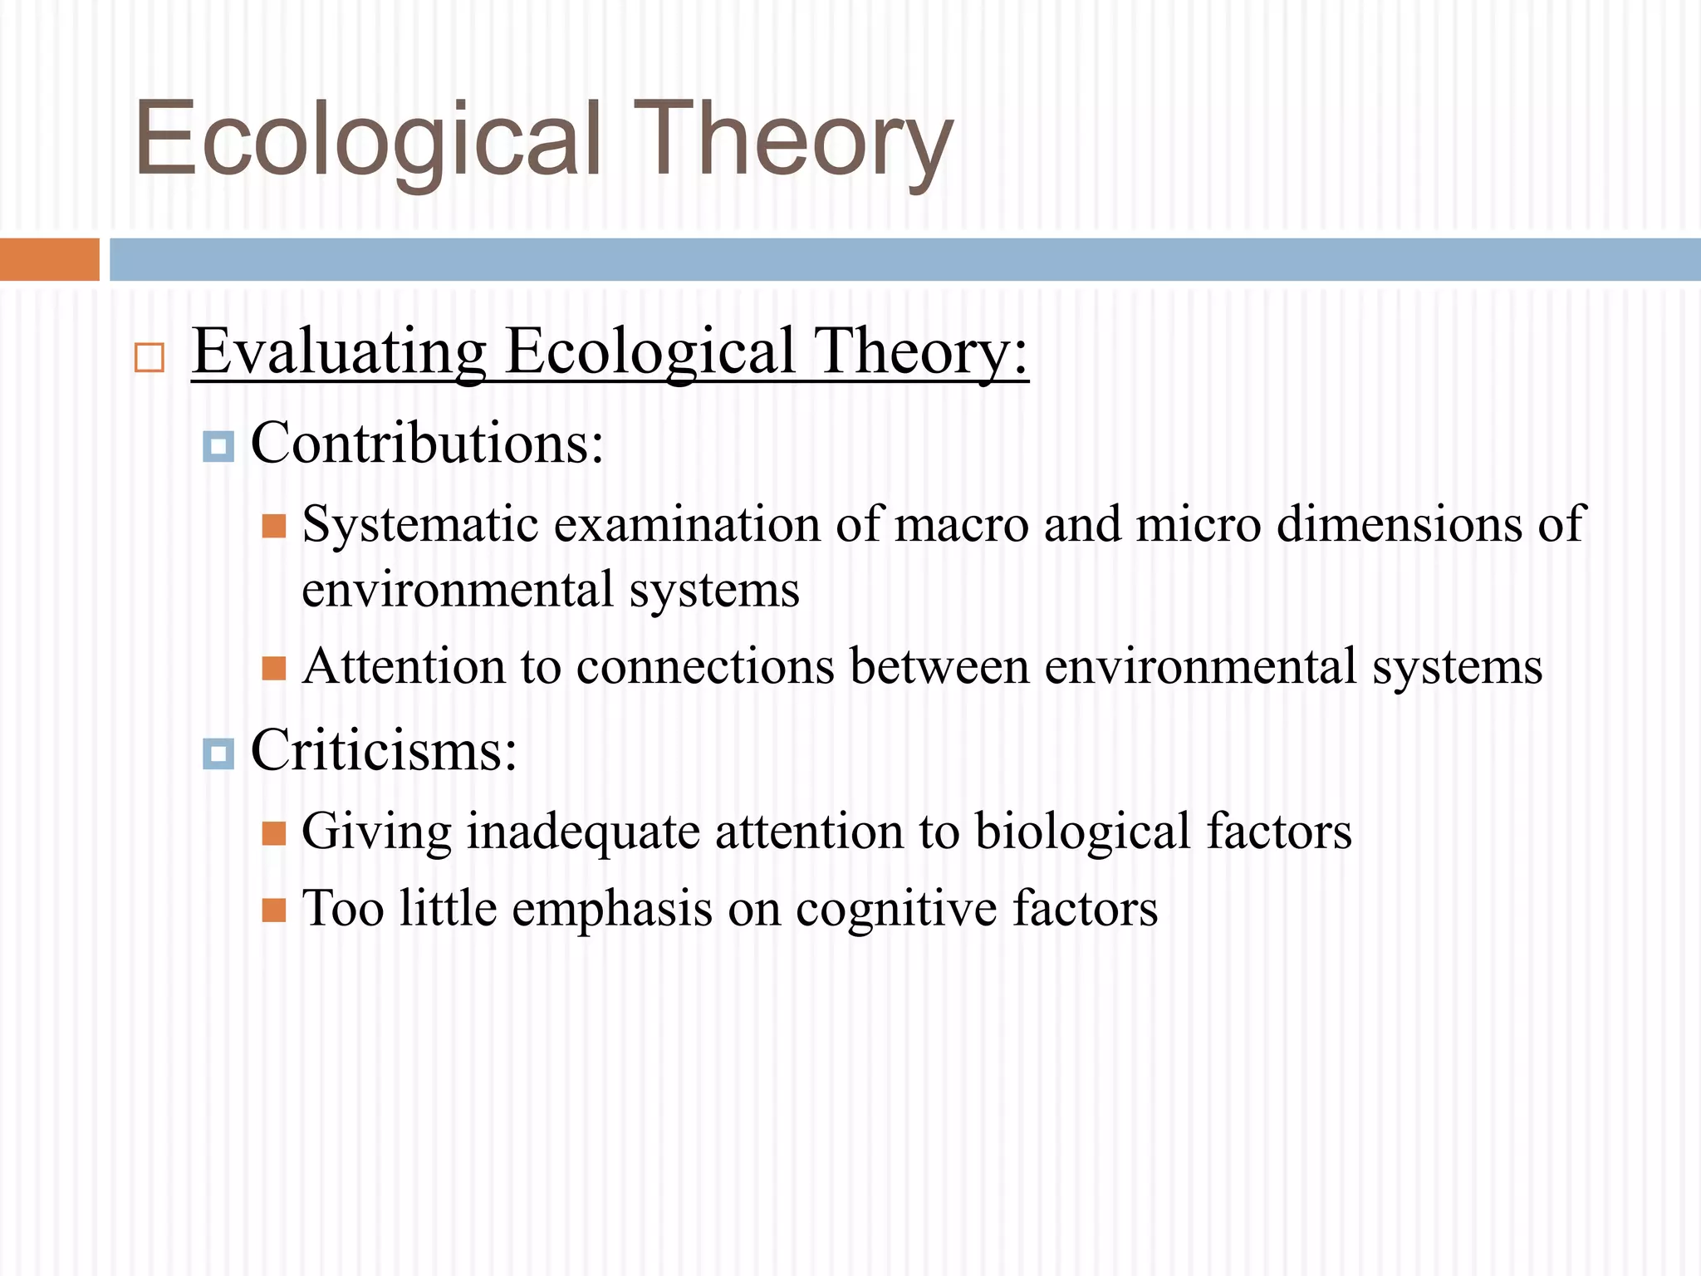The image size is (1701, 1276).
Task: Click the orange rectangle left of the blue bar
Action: point(49,259)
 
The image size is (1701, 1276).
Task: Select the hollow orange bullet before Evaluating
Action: point(150,358)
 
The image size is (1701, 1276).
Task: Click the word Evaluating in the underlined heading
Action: point(339,352)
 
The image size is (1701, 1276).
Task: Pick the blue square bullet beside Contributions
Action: point(218,446)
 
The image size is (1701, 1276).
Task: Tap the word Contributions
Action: point(427,443)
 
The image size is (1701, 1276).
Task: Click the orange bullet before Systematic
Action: point(274,526)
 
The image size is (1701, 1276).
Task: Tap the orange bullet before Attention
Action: point(274,668)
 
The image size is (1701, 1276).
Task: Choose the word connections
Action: point(705,668)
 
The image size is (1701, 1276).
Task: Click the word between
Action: point(939,668)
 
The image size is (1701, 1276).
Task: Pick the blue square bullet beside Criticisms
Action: point(218,753)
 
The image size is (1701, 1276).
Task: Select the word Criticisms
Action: point(384,750)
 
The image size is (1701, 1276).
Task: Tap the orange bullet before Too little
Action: point(274,910)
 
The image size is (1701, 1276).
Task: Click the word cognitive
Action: point(896,909)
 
